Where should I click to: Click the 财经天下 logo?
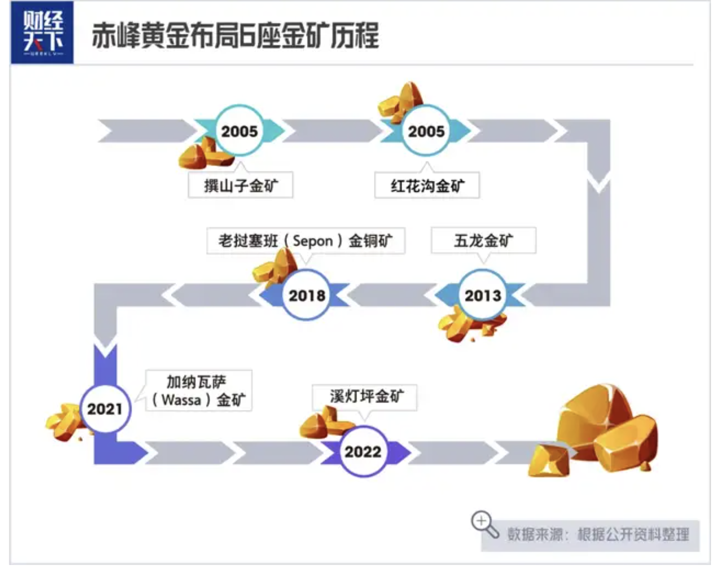click(42, 33)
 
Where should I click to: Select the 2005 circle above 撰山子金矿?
click(239, 131)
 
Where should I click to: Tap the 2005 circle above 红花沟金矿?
click(426, 131)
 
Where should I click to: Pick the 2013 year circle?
click(483, 295)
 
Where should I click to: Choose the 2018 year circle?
click(307, 295)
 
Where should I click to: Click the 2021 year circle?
click(105, 409)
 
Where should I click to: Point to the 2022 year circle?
click(362, 451)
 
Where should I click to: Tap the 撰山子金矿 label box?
click(240, 186)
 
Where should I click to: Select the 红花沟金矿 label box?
click(427, 186)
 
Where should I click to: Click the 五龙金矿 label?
click(483, 241)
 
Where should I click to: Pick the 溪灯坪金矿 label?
click(365, 397)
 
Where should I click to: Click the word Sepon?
click(313, 241)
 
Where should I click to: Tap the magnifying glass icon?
click(484, 524)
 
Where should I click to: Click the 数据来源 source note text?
click(598, 535)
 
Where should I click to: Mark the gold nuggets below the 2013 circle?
click(466, 326)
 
